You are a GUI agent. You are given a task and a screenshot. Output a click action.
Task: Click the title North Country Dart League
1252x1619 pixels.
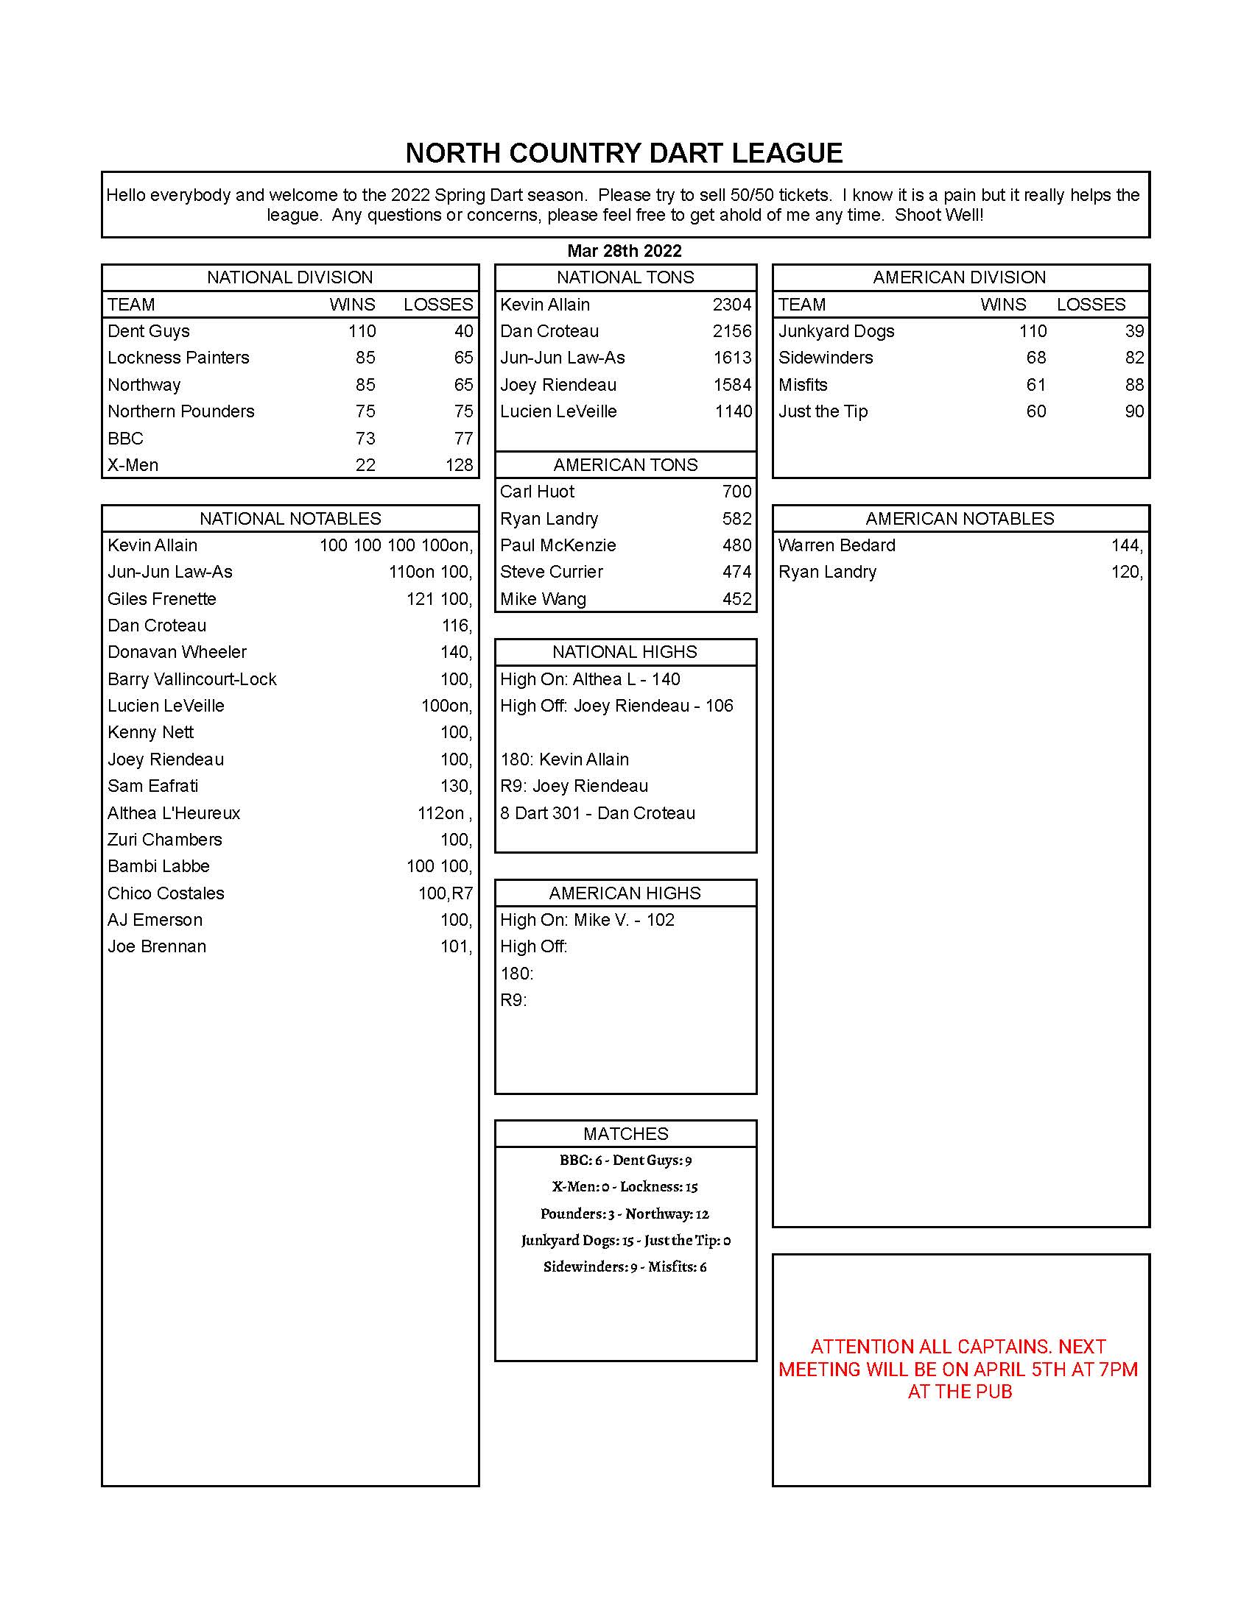pos(624,154)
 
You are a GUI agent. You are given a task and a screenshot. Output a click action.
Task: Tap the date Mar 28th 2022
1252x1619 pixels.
pos(624,250)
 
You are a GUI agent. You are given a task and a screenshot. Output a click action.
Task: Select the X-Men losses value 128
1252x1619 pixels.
pos(459,465)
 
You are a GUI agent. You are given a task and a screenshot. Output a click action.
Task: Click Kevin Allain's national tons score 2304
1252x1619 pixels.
pos(731,305)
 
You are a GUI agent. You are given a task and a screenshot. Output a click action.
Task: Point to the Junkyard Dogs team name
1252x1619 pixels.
pos(836,331)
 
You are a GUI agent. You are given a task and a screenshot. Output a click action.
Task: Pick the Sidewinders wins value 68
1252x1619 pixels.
pos(1035,358)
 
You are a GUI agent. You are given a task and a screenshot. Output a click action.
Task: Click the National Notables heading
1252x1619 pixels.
pos(290,518)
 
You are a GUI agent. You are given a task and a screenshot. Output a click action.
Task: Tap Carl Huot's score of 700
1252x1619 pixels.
pos(736,492)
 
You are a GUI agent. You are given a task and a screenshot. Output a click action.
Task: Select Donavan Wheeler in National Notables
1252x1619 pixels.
pos(177,651)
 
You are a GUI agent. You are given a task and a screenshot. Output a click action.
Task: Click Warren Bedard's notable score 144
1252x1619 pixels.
pos(1126,545)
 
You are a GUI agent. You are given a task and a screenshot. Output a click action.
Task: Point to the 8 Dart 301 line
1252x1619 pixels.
pos(597,813)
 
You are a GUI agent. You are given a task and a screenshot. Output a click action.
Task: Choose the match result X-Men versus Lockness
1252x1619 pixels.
pos(625,1187)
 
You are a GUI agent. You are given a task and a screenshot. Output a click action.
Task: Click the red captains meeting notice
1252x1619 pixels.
pos(959,1370)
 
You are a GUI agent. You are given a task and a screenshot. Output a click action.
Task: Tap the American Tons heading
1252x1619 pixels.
pos(625,465)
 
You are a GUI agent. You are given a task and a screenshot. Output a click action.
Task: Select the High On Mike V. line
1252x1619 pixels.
pos(587,920)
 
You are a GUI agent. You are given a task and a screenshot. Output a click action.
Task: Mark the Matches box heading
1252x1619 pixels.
pos(625,1133)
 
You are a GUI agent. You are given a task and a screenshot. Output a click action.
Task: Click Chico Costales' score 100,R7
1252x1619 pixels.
pos(445,893)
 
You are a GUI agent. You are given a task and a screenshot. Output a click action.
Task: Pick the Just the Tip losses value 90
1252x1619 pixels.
pos(1134,411)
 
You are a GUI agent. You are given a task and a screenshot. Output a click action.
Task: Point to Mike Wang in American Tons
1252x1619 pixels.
pos(543,599)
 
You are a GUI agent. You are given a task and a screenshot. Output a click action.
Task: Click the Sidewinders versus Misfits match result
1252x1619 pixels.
pos(625,1267)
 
